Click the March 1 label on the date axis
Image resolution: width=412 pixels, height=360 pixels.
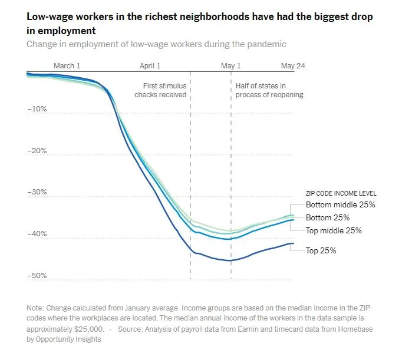[x=67, y=66]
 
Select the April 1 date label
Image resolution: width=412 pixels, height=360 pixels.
[x=150, y=66]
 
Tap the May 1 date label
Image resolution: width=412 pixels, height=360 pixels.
[x=230, y=66]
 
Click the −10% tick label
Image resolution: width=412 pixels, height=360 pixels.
[x=37, y=109]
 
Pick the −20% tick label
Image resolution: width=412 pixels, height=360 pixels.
[x=37, y=151]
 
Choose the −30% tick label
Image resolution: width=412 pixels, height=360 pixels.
[x=37, y=192]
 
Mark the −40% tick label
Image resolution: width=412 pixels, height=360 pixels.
[x=37, y=234]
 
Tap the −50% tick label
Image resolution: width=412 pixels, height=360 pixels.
[x=37, y=276]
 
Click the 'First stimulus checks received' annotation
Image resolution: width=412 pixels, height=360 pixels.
[x=160, y=90]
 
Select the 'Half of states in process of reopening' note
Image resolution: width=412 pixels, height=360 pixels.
[x=269, y=90]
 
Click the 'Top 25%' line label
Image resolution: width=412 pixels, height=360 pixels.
[x=321, y=250]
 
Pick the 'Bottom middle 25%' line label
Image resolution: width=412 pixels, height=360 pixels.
[x=340, y=205]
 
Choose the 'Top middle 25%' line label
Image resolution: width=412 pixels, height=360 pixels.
[x=334, y=230]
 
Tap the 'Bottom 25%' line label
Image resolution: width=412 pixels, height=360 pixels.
[x=327, y=218]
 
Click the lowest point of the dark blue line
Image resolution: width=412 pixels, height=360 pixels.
[x=230, y=260]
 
